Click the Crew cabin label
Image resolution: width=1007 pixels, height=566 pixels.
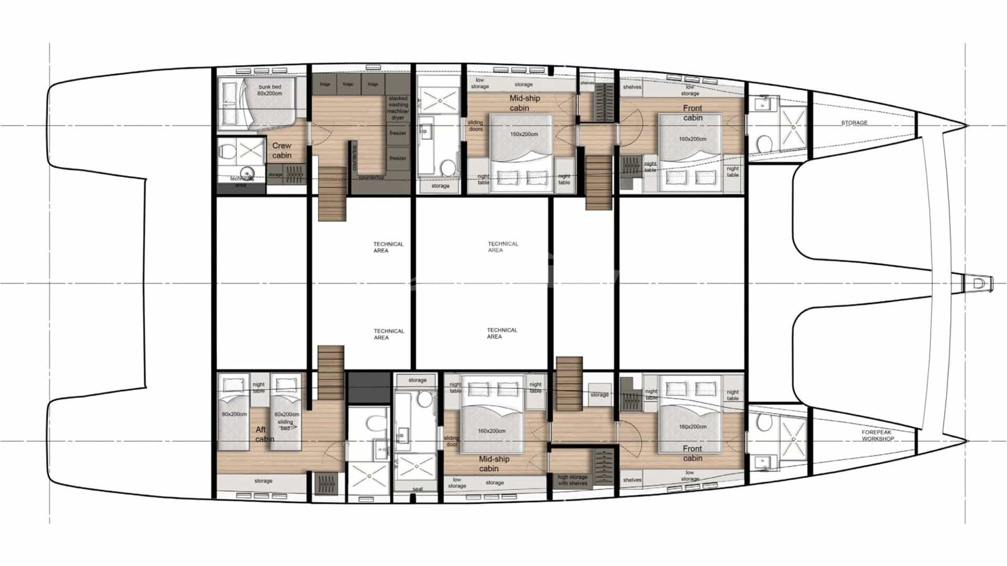coord(282,150)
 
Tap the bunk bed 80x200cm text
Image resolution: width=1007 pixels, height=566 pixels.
coord(270,90)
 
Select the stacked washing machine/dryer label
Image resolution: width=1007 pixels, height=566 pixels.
coord(398,108)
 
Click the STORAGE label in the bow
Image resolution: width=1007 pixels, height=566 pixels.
coord(854,123)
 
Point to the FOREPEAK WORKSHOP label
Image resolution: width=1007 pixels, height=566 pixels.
coord(877,436)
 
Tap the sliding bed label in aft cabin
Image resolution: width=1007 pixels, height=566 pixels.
coord(285,424)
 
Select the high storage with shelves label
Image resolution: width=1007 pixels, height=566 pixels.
coord(572,480)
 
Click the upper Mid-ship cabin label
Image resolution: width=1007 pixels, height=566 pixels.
coord(524,103)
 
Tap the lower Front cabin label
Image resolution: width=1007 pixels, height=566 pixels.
coord(692,453)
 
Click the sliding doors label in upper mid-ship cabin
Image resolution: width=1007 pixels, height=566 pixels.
coord(476,126)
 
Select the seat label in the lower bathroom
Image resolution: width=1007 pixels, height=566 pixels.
coord(417,489)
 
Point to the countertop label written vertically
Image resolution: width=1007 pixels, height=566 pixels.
coord(355,157)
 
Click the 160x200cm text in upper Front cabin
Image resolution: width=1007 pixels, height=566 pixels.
coord(692,139)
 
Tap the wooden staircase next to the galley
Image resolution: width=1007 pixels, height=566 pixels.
coord(333,194)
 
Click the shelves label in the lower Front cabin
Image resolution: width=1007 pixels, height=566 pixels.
coord(632,480)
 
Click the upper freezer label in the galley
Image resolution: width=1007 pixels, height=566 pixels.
coord(398,133)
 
